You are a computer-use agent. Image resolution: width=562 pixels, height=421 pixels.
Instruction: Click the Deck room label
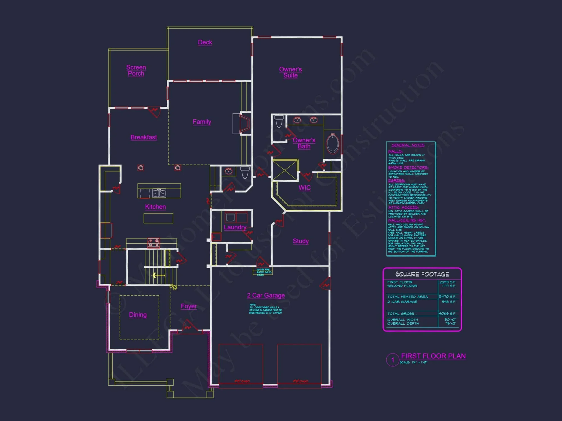pyautogui.click(x=205, y=42)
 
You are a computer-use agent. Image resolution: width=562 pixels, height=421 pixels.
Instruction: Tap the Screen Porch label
pyautogui.click(x=136, y=70)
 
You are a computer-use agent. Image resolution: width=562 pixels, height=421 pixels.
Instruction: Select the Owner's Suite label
pyautogui.click(x=290, y=72)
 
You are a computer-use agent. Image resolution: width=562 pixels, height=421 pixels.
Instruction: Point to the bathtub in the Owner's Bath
pyautogui.click(x=333, y=143)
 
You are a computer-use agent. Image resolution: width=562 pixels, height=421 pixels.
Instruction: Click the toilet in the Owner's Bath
pyautogui.click(x=279, y=121)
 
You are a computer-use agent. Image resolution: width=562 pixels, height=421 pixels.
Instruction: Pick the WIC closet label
pyautogui.click(x=305, y=188)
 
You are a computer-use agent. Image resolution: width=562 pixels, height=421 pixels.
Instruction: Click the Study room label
pyautogui.click(x=301, y=241)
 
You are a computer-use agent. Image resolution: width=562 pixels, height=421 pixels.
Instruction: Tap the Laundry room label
pyautogui.click(x=235, y=227)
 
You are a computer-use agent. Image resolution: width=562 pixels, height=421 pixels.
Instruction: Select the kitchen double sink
pyautogui.click(x=159, y=193)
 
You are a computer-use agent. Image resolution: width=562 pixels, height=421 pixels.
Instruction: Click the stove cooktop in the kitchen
pyautogui.click(x=154, y=243)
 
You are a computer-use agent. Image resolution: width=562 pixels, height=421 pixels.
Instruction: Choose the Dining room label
pyautogui.click(x=138, y=315)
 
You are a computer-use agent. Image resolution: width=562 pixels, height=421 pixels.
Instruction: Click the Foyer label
pyautogui.click(x=189, y=306)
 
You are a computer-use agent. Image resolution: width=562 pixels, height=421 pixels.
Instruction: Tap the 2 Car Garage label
pyautogui.click(x=266, y=295)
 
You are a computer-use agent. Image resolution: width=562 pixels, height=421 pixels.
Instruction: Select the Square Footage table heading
pyautogui.click(x=422, y=274)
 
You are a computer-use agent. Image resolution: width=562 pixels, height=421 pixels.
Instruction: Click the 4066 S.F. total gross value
pyautogui.click(x=448, y=314)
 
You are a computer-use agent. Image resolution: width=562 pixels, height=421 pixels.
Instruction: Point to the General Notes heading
pyautogui.click(x=408, y=145)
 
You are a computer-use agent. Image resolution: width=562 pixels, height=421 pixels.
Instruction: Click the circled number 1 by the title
pyautogui.click(x=393, y=360)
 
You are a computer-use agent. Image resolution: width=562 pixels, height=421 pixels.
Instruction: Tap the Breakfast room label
pyautogui.click(x=144, y=137)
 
